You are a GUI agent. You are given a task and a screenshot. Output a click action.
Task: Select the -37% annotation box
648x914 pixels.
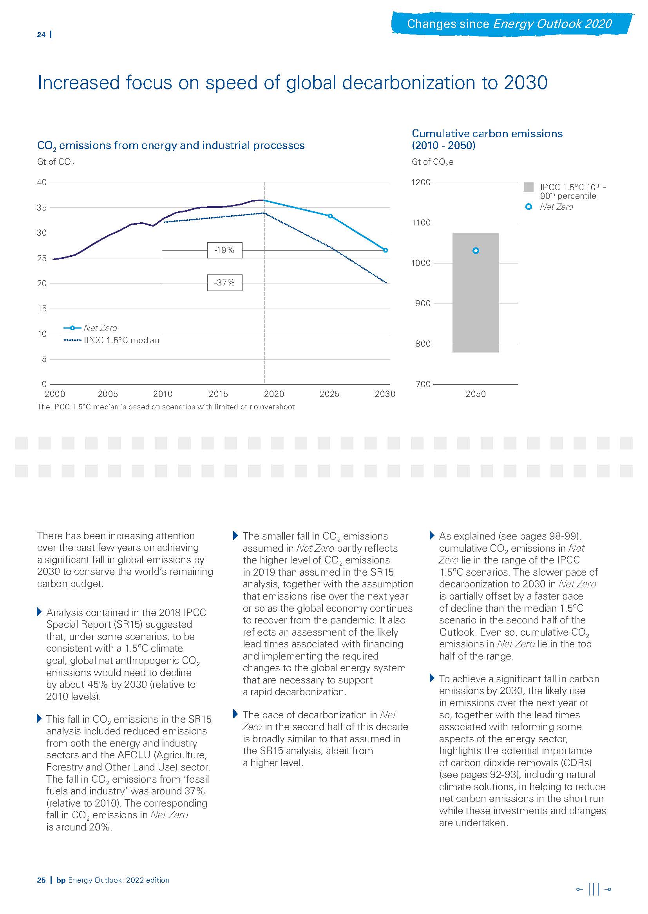click(x=224, y=283)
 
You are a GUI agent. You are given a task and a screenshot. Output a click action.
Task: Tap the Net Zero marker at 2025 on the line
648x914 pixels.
click(x=330, y=216)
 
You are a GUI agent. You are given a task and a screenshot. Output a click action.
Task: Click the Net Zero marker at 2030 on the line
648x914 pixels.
click(x=386, y=251)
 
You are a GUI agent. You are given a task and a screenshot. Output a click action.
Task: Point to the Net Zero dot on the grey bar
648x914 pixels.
click(x=475, y=251)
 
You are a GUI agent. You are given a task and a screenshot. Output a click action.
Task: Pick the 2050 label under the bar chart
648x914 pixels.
click(x=475, y=394)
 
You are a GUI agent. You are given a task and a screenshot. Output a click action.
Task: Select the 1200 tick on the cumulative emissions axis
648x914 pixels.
click(x=420, y=182)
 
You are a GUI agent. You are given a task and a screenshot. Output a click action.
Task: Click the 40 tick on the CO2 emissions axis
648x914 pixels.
click(x=42, y=182)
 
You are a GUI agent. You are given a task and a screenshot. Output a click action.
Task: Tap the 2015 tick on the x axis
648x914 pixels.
click(x=218, y=394)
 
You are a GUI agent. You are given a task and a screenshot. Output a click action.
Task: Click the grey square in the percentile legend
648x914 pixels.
click(x=528, y=187)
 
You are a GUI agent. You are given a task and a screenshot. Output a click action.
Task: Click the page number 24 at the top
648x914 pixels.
click(x=41, y=35)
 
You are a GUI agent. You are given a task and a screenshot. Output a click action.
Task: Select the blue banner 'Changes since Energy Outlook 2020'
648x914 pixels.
click(x=509, y=24)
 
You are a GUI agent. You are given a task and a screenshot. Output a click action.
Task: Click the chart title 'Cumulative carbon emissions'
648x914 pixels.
click(x=487, y=134)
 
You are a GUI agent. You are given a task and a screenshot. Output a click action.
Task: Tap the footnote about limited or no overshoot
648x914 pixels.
click(x=166, y=407)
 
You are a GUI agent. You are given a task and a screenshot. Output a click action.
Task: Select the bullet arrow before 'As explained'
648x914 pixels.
click(x=432, y=536)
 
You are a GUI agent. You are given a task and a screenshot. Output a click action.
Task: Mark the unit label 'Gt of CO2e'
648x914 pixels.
click(x=432, y=162)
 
